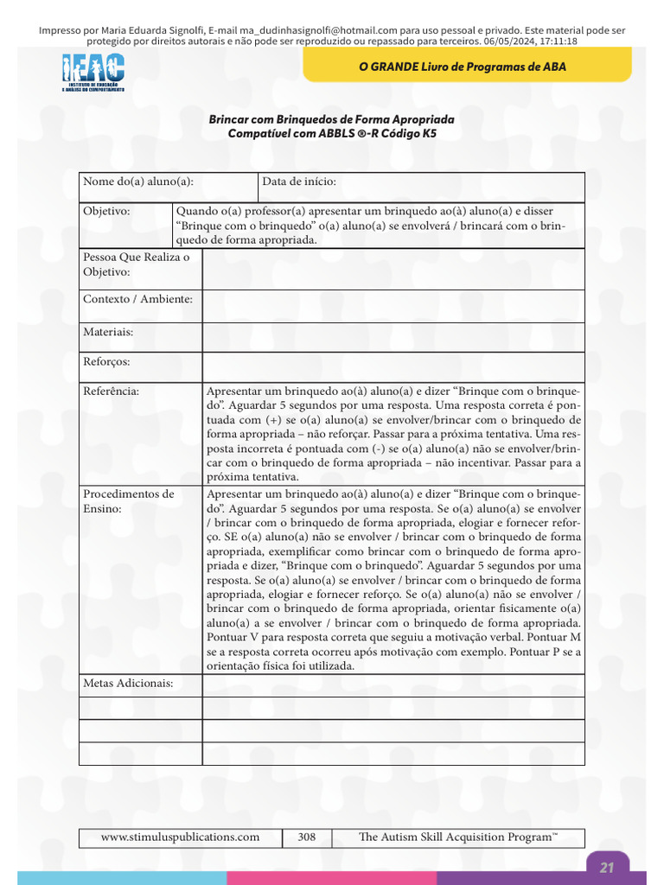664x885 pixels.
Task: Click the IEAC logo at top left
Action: pyautogui.click(x=93, y=73)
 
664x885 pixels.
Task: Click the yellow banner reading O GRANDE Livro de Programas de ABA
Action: pyautogui.click(x=462, y=67)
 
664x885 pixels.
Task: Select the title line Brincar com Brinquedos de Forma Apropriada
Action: pyautogui.click(x=331, y=118)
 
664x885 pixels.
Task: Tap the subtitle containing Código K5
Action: pyautogui.click(x=332, y=133)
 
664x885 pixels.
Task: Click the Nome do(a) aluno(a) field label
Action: pyautogui.click(x=137, y=181)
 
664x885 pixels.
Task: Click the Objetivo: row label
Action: pyautogui.click(x=106, y=211)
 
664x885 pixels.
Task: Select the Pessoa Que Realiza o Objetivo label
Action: pyautogui.click(x=136, y=264)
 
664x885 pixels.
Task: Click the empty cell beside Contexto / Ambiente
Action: pyautogui.click(x=393, y=306)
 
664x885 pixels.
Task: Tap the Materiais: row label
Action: pyautogui.click(x=108, y=331)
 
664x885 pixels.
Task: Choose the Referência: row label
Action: pyautogui.click(x=111, y=391)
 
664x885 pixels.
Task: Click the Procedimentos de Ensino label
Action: pyautogui.click(x=128, y=501)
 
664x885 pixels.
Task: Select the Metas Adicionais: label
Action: pyautogui.click(x=128, y=684)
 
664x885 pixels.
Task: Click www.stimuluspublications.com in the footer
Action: pyautogui.click(x=180, y=837)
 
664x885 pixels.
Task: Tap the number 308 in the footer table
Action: pyautogui.click(x=307, y=837)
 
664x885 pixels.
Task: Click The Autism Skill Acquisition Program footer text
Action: pyautogui.click(x=457, y=837)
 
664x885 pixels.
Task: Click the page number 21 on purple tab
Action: pyautogui.click(x=607, y=867)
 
